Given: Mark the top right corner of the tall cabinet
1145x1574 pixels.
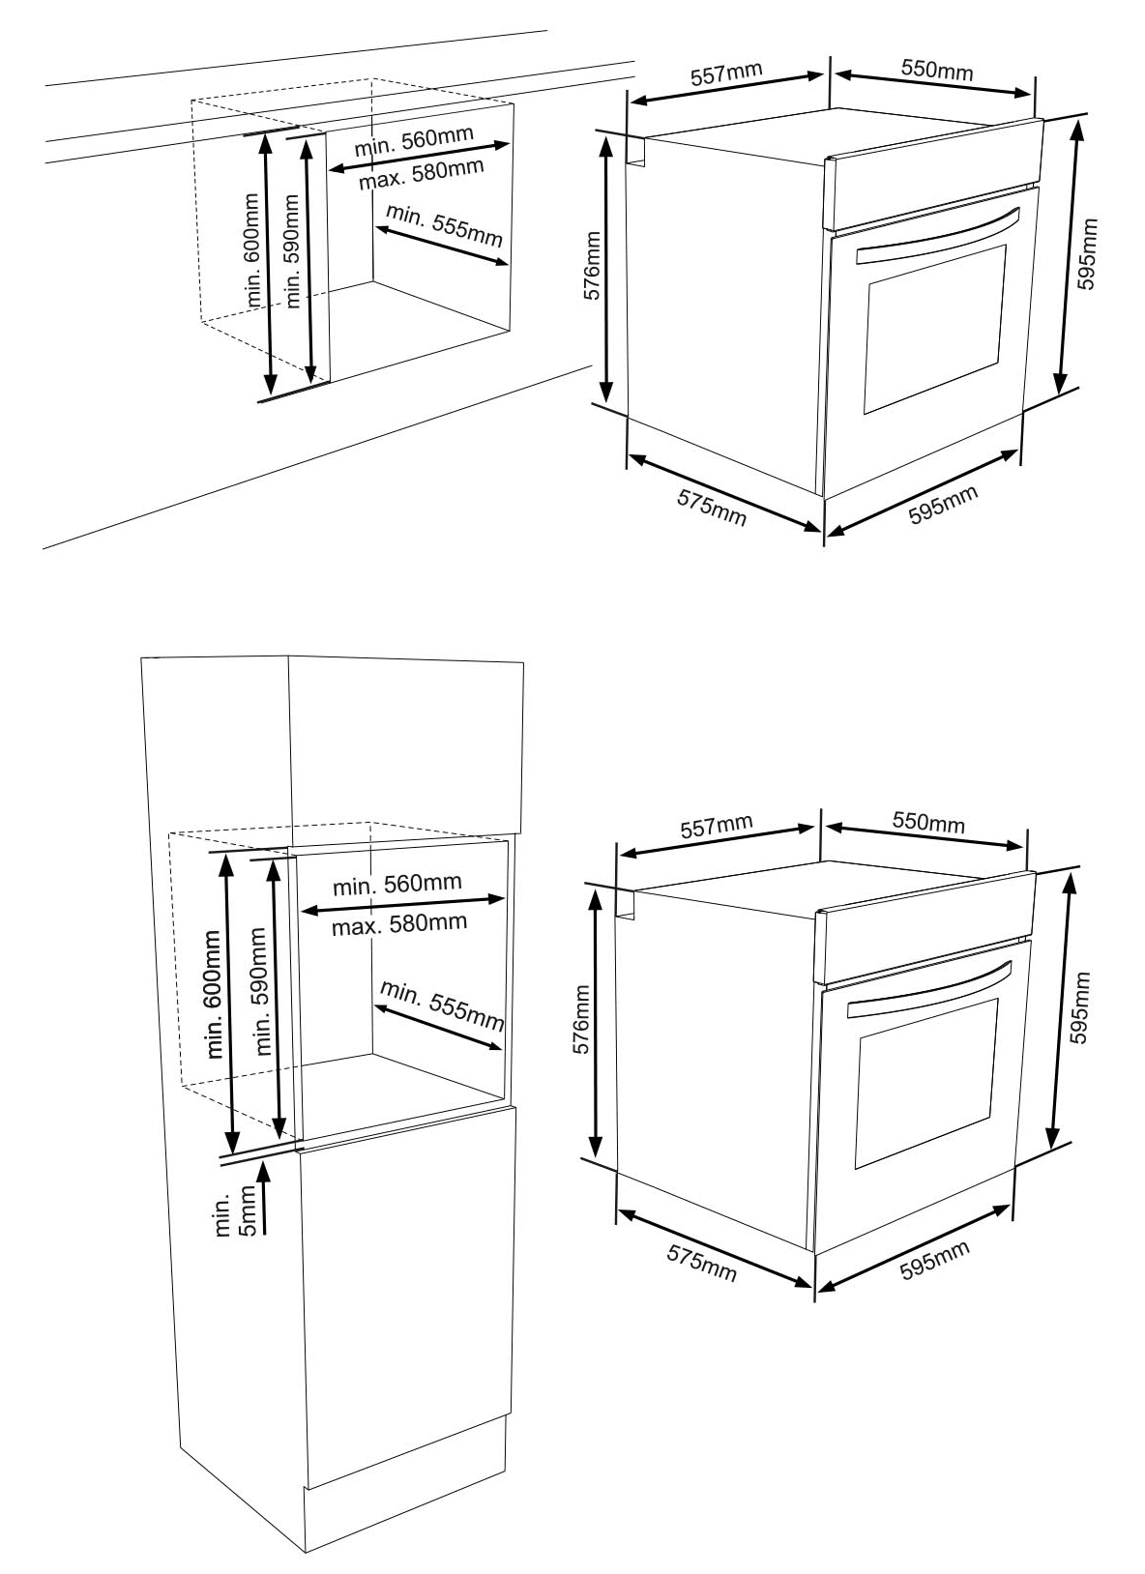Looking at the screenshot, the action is tap(523, 662).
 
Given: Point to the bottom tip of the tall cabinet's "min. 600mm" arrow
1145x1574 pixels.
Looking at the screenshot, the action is tap(231, 1153).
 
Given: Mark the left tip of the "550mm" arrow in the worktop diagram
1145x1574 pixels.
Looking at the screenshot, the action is tap(835, 73).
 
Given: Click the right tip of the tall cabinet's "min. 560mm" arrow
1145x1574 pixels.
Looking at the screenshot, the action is tap(505, 898).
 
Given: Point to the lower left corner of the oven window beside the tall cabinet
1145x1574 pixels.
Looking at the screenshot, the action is tap(856, 1169).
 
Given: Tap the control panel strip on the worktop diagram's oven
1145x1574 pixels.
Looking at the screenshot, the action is tap(934, 174).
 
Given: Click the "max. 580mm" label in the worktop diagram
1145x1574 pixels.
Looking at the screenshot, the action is tap(421, 174).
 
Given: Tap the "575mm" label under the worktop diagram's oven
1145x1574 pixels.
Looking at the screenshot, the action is tap(712, 508).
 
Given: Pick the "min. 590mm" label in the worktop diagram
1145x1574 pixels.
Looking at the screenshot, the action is tap(292, 250).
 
